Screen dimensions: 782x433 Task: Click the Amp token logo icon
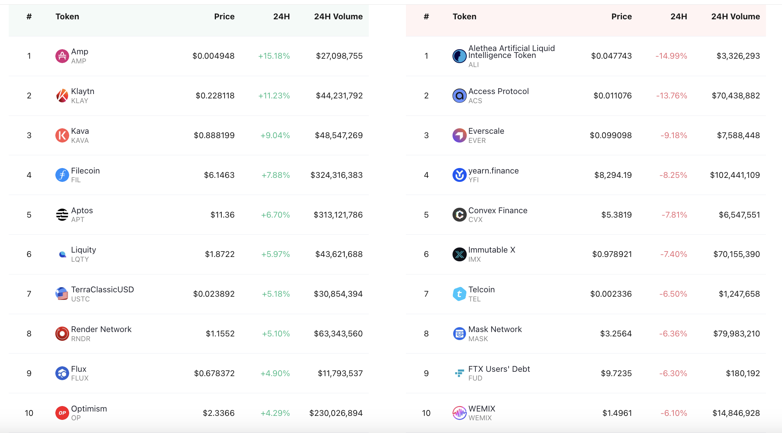(62, 56)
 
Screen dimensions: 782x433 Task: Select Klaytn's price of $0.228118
(215, 95)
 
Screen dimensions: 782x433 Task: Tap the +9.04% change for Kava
(275, 135)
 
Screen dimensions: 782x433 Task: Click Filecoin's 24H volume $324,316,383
(336, 175)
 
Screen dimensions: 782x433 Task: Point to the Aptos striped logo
(62, 215)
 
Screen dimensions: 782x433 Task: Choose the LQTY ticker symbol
(80, 259)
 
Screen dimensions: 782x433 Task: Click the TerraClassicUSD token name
(102, 289)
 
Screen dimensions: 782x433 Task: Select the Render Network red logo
(62, 333)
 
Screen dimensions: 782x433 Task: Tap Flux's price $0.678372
(214, 373)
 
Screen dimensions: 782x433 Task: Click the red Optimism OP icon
(62, 413)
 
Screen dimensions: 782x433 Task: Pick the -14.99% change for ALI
(671, 56)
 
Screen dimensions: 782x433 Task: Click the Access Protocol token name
(498, 91)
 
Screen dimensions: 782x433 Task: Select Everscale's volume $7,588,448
(738, 135)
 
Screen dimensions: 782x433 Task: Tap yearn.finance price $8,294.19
(613, 175)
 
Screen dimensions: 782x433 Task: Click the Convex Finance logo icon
(459, 215)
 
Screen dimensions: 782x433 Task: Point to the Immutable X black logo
(459, 254)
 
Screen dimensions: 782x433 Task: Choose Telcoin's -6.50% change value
(673, 294)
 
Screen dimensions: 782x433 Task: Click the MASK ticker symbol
(478, 339)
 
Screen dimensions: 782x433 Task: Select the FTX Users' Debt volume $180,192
(743, 373)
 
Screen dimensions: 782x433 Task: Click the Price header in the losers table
(621, 16)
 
